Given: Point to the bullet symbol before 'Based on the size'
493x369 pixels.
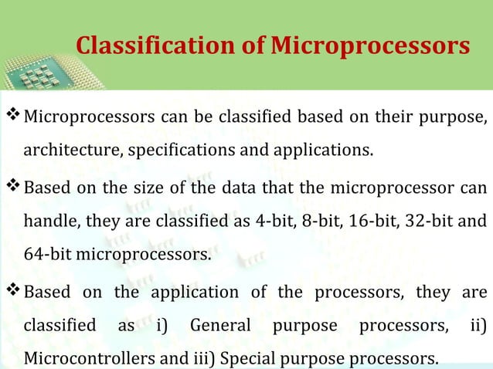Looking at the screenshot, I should (x=13, y=188).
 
